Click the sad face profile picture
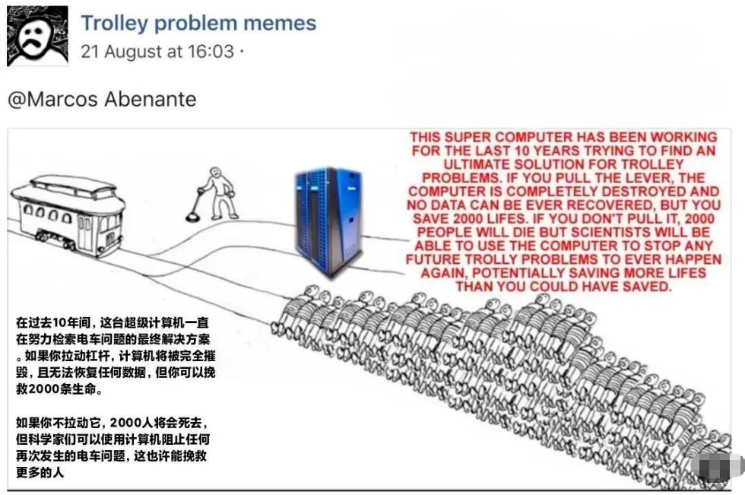(x=37, y=36)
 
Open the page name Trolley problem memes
(x=198, y=23)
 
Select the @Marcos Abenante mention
(x=102, y=99)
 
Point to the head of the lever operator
(x=217, y=174)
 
